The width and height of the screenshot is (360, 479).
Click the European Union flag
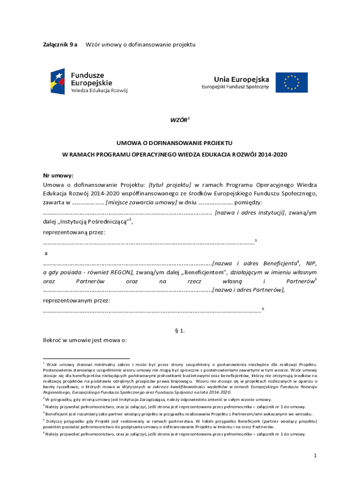(x=291, y=82)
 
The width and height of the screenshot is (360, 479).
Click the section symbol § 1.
(x=180, y=331)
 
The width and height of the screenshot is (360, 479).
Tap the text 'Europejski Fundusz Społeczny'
(x=235, y=87)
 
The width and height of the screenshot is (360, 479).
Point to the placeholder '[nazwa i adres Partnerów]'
(x=248, y=290)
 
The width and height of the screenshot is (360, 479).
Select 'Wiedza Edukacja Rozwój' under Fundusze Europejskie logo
(x=99, y=90)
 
